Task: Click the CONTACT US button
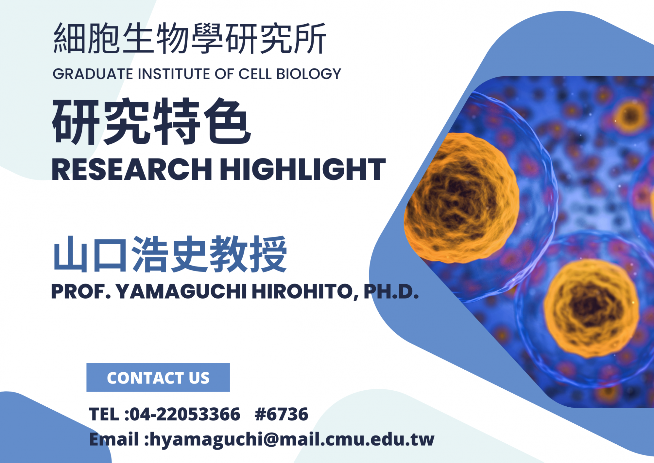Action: click(x=158, y=377)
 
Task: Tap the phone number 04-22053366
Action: click(x=185, y=414)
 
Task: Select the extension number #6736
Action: click(x=281, y=414)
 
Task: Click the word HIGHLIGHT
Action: click(x=303, y=169)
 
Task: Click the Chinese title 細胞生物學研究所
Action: click(x=190, y=38)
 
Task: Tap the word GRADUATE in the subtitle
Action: click(x=93, y=74)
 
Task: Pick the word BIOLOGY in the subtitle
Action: click(x=309, y=74)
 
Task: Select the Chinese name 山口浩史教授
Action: click(x=170, y=254)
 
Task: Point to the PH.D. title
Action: click(x=391, y=291)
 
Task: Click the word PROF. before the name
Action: click(x=81, y=291)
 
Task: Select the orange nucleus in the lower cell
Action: click(x=591, y=308)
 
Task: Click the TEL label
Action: click(x=104, y=414)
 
